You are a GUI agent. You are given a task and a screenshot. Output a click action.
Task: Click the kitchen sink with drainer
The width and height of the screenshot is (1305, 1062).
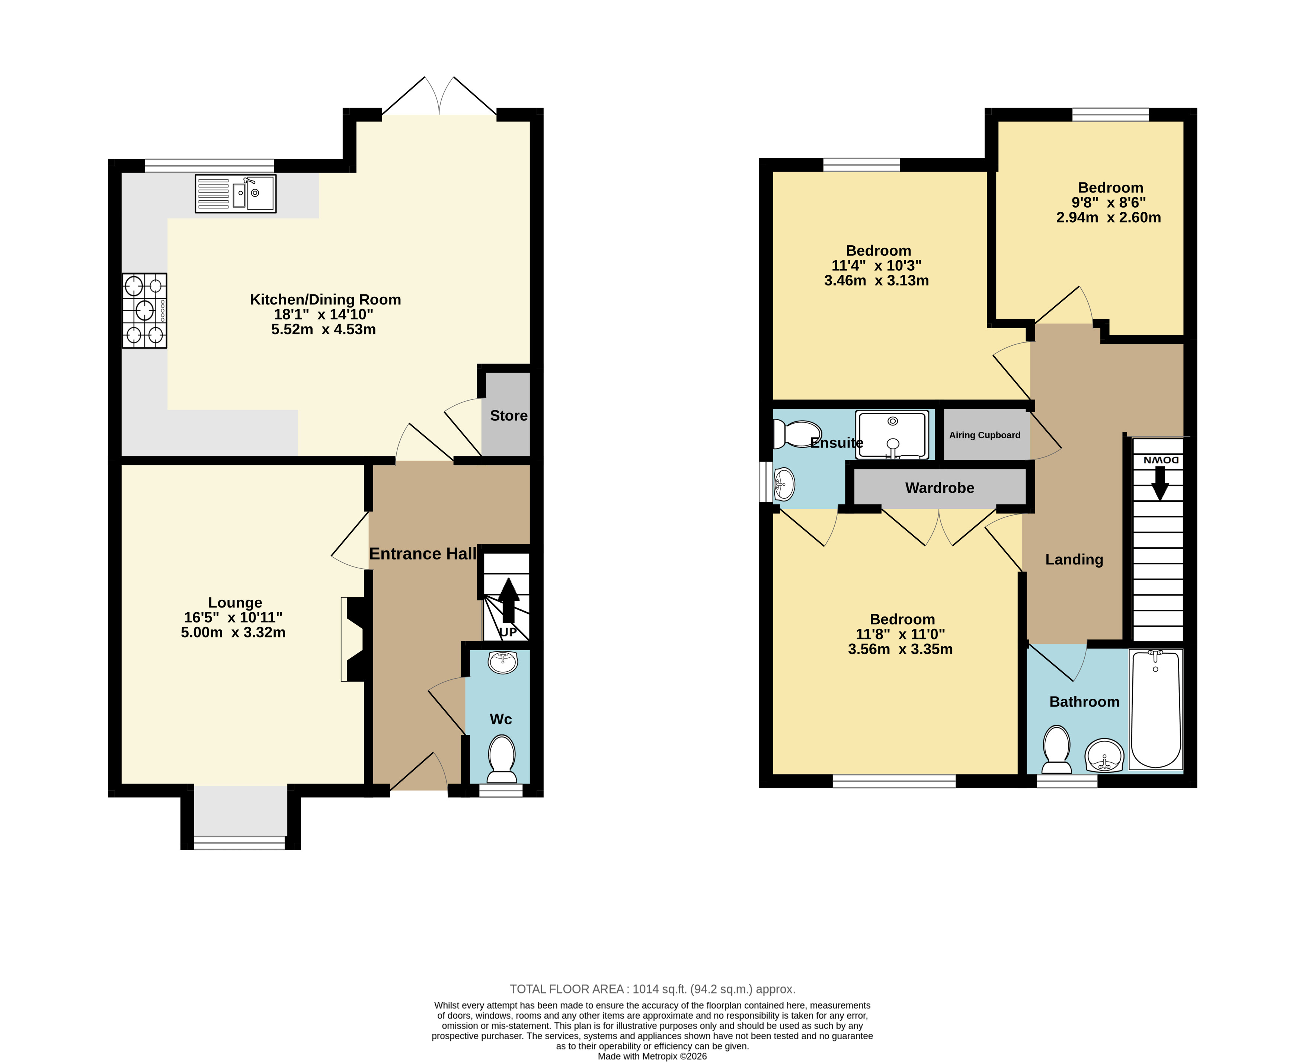(x=236, y=194)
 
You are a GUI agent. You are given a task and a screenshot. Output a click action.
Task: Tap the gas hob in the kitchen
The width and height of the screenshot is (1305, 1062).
(x=144, y=311)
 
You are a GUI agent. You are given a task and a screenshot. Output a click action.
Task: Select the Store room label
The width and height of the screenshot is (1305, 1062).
(x=509, y=416)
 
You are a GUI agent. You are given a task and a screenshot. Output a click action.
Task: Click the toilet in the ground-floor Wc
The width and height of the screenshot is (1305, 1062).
(x=502, y=759)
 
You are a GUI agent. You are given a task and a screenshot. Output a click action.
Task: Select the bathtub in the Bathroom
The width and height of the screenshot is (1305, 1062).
(x=1156, y=709)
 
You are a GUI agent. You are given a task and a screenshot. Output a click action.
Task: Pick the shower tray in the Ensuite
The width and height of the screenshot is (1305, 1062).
(x=892, y=434)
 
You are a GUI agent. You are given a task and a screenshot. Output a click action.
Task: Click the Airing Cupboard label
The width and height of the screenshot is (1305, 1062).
(x=985, y=435)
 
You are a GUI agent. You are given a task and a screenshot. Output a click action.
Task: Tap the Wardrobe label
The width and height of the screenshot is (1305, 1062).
(x=940, y=488)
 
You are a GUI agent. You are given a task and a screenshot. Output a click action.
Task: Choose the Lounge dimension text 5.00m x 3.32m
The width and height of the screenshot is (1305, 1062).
(x=233, y=632)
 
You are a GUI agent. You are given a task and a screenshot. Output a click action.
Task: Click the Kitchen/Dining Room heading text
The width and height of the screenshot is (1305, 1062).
(x=325, y=300)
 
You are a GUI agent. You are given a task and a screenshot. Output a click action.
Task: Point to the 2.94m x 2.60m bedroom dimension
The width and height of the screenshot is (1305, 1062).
(x=1109, y=217)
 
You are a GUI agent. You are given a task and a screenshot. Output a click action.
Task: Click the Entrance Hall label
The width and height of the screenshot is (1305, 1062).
(x=423, y=554)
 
